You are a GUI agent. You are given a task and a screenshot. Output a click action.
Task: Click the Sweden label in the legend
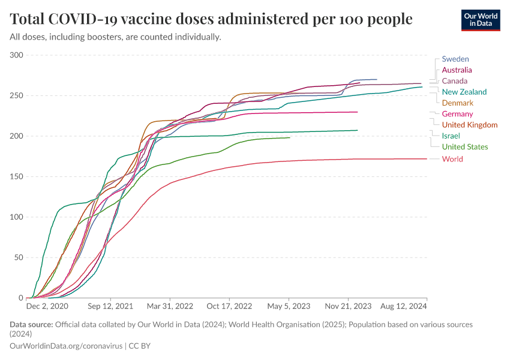(x=455, y=59)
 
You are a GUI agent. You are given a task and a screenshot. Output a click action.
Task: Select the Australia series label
(x=457, y=70)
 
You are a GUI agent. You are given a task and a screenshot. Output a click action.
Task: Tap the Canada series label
(x=454, y=81)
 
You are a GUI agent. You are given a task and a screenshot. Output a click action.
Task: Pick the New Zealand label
(x=464, y=92)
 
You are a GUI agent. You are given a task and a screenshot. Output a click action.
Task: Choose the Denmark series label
(x=457, y=103)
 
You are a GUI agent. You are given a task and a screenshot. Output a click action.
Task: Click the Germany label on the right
(x=457, y=114)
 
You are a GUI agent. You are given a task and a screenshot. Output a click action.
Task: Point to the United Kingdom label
(x=469, y=125)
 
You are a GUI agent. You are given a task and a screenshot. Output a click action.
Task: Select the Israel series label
(x=451, y=136)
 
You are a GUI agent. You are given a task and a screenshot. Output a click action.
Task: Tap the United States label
(x=464, y=147)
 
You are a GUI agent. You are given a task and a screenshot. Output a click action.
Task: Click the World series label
(x=452, y=159)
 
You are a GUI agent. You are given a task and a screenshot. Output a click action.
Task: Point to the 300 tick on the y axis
(x=16, y=55)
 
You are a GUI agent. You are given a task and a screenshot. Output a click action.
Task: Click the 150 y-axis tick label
(x=16, y=176)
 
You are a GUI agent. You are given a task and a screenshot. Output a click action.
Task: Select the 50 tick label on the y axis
(x=18, y=257)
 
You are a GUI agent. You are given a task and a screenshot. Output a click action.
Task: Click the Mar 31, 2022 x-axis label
(x=171, y=306)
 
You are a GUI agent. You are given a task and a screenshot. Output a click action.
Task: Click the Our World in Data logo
(x=480, y=20)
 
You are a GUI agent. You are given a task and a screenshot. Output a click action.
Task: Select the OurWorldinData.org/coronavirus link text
(x=65, y=346)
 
